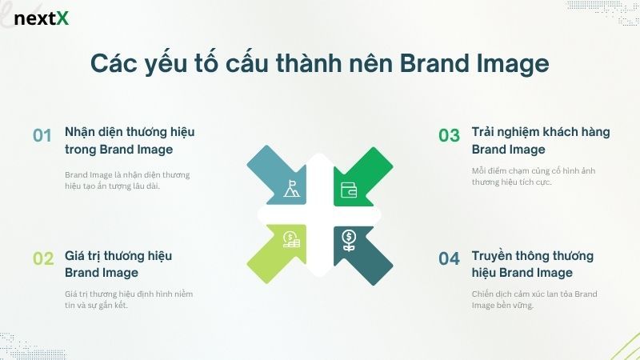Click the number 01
(x=42, y=135)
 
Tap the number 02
(x=42, y=258)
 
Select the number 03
(x=449, y=135)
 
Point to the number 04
(x=449, y=258)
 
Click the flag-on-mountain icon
(x=292, y=190)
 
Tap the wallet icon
(x=349, y=190)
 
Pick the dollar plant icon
(x=349, y=238)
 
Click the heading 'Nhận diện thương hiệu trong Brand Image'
(x=130, y=140)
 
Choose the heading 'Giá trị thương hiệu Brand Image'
(x=118, y=264)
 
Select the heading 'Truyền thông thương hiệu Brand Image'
(x=533, y=264)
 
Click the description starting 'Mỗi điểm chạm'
(x=533, y=177)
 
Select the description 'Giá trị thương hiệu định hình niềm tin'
(x=128, y=299)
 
